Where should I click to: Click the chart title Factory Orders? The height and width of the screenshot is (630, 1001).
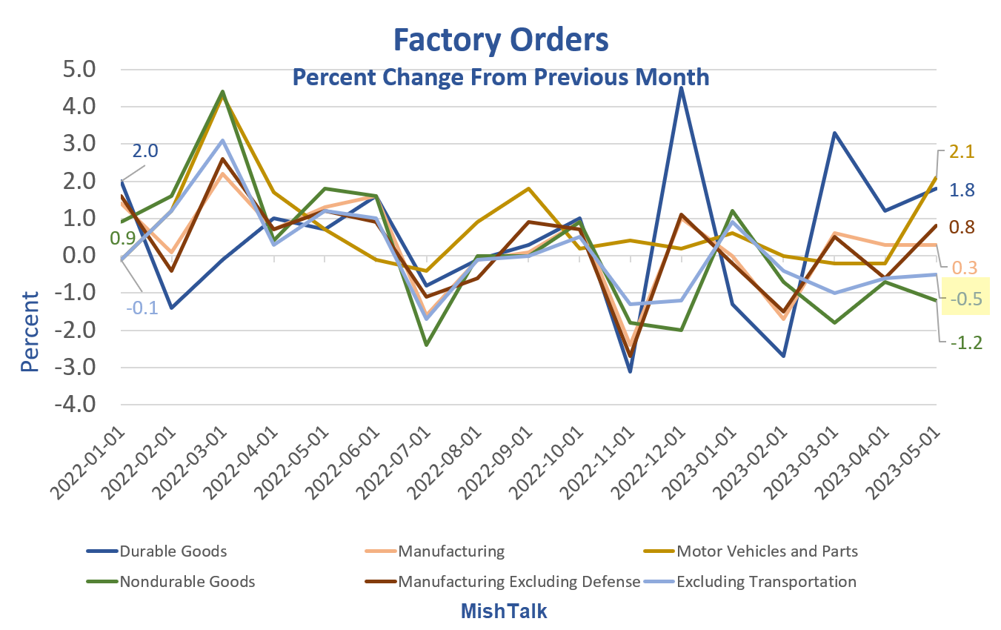(500, 40)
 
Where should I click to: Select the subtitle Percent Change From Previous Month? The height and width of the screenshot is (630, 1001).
(500, 77)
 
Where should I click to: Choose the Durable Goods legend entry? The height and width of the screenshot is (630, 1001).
(173, 551)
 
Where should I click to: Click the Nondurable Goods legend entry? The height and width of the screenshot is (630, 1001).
(187, 582)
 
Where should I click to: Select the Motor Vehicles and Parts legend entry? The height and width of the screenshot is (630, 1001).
(767, 551)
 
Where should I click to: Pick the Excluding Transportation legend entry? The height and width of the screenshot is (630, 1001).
(767, 582)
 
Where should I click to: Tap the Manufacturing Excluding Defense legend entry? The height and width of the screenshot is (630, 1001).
(519, 582)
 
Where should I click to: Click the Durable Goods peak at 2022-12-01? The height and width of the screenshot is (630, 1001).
(681, 88)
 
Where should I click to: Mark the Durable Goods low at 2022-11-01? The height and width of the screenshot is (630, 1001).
(630, 371)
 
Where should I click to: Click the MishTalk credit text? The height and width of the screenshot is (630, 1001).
(504, 611)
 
